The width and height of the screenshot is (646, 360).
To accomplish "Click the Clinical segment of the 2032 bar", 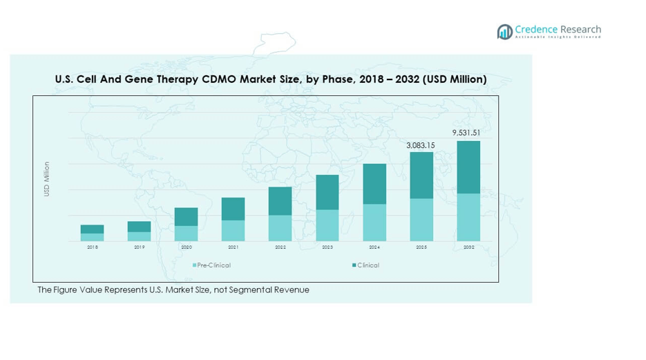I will pyautogui.click(x=468, y=167).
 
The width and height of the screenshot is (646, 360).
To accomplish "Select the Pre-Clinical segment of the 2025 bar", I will pyautogui.click(x=421, y=220).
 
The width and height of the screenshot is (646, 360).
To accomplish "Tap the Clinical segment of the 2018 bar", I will pyautogui.click(x=92, y=229).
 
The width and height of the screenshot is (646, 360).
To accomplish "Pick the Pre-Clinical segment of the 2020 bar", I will pyautogui.click(x=186, y=234).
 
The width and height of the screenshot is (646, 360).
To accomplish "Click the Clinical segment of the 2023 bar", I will pyautogui.click(x=327, y=192).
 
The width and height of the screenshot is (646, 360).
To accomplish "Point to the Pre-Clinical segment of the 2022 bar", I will pyautogui.click(x=280, y=228).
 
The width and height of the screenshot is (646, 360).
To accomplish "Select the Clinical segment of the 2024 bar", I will pyautogui.click(x=374, y=184).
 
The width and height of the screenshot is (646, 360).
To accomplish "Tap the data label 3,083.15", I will pyautogui.click(x=421, y=145).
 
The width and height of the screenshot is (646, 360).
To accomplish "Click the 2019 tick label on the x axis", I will pyautogui.click(x=139, y=247).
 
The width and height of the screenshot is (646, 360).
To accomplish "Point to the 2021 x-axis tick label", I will pyautogui.click(x=233, y=247).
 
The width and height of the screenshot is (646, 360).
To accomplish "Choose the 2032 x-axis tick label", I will pyautogui.click(x=468, y=247).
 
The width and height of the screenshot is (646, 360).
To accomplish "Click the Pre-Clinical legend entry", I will pyautogui.click(x=213, y=265).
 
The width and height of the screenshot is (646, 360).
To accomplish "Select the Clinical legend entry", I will pyautogui.click(x=368, y=265).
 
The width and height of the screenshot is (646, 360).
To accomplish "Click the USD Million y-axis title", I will pyautogui.click(x=47, y=179).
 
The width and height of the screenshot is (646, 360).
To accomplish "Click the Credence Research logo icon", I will pyautogui.click(x=504, y=32).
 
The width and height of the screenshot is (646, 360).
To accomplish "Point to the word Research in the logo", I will pyautogui.click(x=578, y=29).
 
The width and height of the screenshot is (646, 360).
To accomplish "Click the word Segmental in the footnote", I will pyautogui.click(x=242, y=290).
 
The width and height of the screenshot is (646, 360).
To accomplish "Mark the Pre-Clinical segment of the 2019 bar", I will pyautogui.click(x=139, y=236).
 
